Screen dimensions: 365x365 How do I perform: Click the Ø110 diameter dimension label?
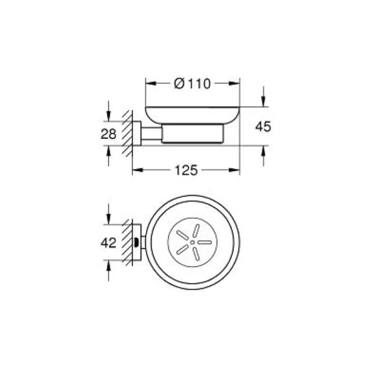192,85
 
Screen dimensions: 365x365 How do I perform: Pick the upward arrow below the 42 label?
108,265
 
